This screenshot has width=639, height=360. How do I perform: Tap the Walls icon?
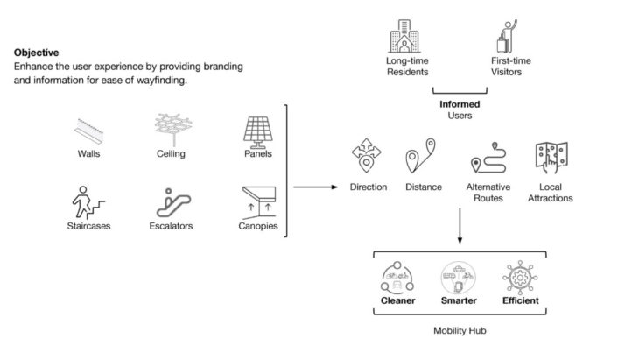tap(88, 131)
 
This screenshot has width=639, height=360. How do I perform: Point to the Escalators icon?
tap(173, 201)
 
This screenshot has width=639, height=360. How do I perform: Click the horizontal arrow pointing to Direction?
tap(315, 187)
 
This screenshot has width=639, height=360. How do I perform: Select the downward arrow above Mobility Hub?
tap(459, 229)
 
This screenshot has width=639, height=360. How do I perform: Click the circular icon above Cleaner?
tap(397, 278)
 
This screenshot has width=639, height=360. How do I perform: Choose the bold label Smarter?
tap(459, 301)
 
